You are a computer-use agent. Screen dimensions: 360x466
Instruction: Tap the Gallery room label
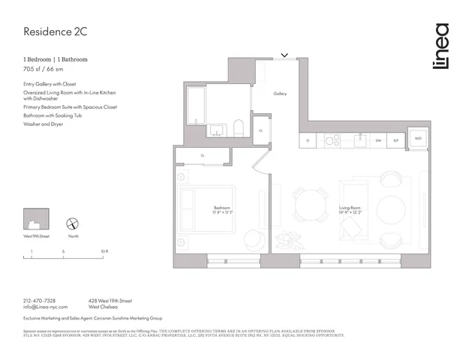point(280,94)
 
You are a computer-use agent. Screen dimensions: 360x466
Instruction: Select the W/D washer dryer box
point(418,139)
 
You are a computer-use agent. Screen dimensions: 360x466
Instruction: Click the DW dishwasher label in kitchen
point(378,139)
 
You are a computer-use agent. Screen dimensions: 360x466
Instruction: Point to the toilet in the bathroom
point(238,127)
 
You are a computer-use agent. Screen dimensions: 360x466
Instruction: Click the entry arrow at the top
point(284,55)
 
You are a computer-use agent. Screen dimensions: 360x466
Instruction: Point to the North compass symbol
point(73,223)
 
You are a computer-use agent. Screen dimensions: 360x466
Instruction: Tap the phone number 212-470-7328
point(39,300)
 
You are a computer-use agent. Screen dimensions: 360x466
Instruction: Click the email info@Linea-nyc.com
point(46,307)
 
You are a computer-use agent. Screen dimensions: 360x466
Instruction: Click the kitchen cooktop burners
point(332,139)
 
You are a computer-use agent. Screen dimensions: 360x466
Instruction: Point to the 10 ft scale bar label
point(105,251)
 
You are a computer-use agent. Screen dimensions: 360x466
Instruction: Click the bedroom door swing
point(260,161)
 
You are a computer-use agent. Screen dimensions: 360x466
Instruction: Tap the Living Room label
point(350,209)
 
